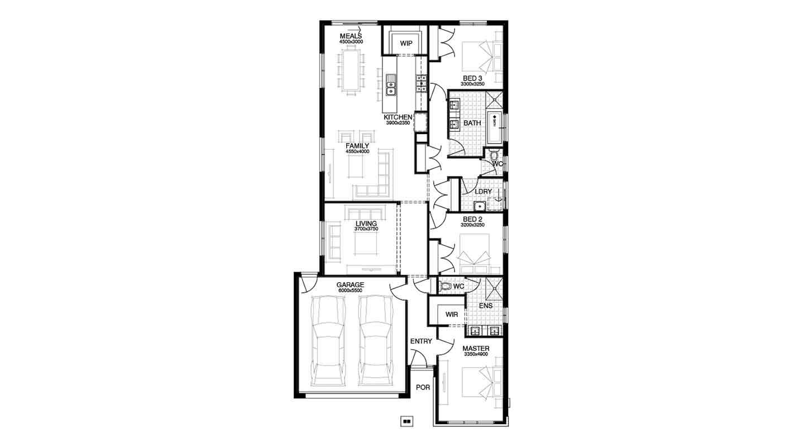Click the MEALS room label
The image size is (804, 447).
[x=351, y=37]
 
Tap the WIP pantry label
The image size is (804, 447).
[x=406, y=43]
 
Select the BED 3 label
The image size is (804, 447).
[x=472, y=78]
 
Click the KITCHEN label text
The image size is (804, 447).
[x=398, y=117]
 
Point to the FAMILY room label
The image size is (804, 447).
[x=357, y=146]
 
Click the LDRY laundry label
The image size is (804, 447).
[x=483, y=192]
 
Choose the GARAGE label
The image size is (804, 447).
[x=350, y=285]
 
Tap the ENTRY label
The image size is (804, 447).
[x=421, y=341]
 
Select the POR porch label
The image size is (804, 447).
[x=423, y=387]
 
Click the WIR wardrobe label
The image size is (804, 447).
[x=452, y=315]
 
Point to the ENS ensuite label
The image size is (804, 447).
[x=486, y=306]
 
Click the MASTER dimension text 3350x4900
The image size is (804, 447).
[x=476, y=354]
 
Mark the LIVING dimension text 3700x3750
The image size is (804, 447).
[x=366, y=229]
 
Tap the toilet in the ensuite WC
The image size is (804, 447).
[x=445, y=287]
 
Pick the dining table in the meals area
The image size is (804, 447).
[x=351, y=70]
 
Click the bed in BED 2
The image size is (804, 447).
[x=473, y=251]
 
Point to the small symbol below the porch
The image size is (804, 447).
[x=407, y=422]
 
